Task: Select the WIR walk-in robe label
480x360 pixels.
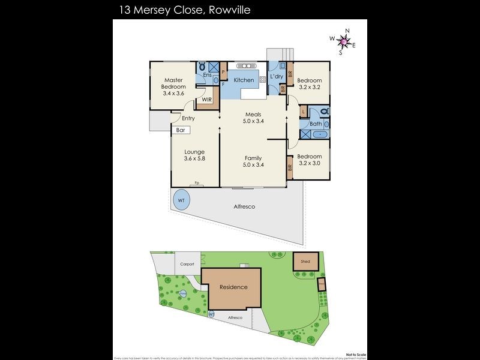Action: point(206,100)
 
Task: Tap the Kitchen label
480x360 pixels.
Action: point(244,80)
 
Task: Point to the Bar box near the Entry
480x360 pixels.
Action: point(181,130)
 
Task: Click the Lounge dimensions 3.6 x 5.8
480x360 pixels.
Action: point(194,159)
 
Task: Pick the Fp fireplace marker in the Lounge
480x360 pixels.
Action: point(196,183)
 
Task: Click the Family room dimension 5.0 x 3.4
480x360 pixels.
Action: point(253,164)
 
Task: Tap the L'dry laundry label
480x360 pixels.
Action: point(276,77)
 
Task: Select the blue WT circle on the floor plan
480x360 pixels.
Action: point(181,200)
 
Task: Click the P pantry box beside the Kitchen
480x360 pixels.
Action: point(223,72)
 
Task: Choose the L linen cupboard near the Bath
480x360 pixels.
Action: point(304,112)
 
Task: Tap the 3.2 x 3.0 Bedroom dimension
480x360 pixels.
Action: point(310,163)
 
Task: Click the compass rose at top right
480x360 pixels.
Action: point(342,41)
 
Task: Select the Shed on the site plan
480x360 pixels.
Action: point(305,262)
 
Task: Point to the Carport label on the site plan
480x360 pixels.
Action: point(187,264)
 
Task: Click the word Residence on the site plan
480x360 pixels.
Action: point(233,287)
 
